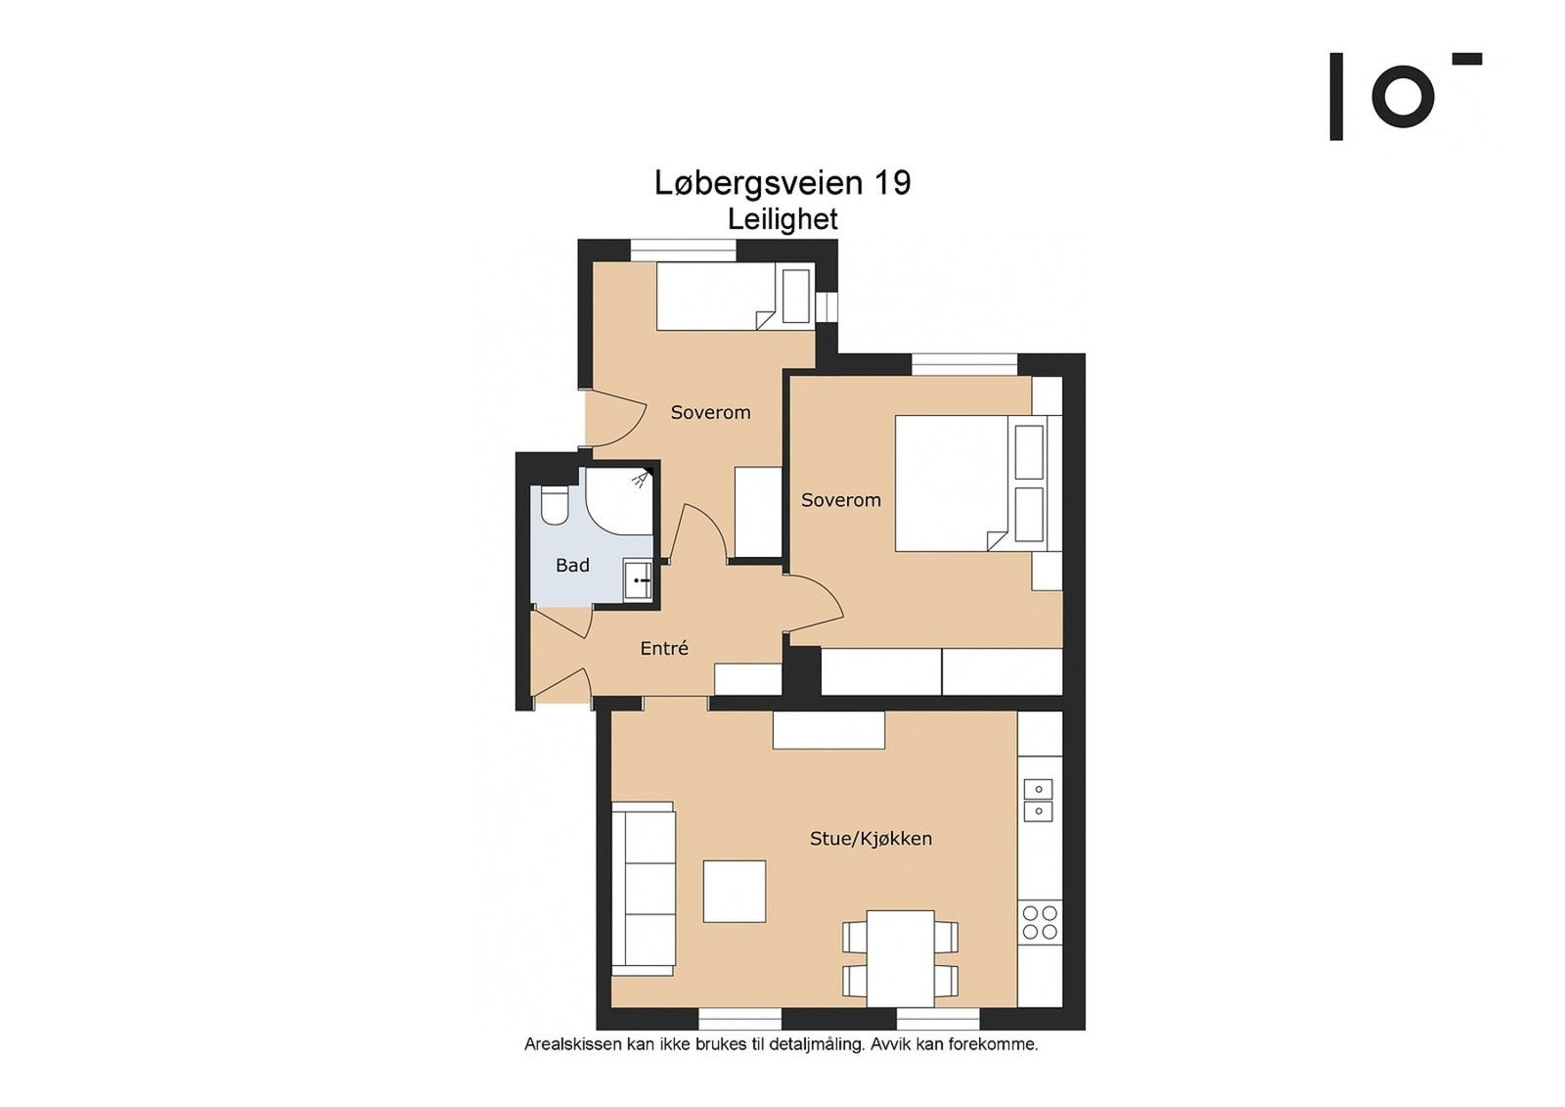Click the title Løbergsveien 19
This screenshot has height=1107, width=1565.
tap(782, 183)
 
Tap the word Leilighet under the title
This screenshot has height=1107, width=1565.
tap(782, 219)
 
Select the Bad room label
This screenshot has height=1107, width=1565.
tap(572, 565)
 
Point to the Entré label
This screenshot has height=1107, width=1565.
tap(664, 648)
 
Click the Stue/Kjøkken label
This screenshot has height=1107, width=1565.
tap(871, 839)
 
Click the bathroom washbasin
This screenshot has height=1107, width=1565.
tap(637, 579)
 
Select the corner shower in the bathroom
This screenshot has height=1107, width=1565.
tap(618, 501)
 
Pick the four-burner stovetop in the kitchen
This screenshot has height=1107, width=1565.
tap(1040, 922)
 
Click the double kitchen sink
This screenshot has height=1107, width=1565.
tap(1038, 800)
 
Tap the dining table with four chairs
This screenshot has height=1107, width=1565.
tap(900, 958)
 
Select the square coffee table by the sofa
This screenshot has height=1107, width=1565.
tap(735, 892)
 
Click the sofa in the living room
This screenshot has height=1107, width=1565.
tap(643, 888)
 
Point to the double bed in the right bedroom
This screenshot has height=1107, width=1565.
tap(978, 484)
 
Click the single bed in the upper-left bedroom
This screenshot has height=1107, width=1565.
tap(735, 296)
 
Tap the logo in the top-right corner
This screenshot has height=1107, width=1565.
tap(1406, 97)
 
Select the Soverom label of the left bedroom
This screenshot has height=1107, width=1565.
tap(710, 413)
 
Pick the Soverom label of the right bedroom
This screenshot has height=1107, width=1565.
tap(840, 500)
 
